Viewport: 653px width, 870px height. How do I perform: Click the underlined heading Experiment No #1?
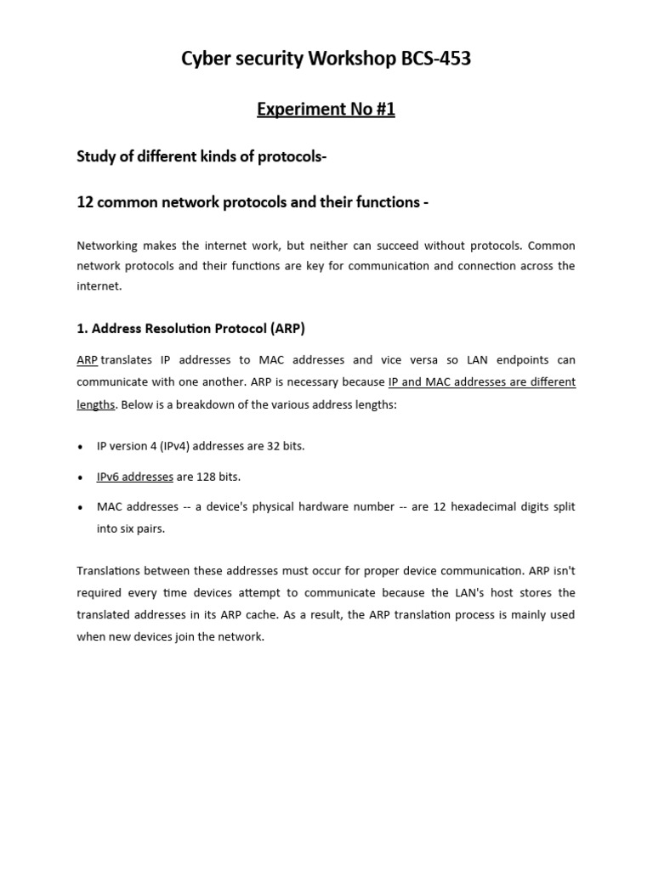(326, 110)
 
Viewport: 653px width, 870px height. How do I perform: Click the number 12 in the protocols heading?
(84, 202)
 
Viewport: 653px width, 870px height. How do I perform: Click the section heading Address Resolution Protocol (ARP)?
(190, 328)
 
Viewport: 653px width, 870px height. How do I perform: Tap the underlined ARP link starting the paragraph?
(88, 360)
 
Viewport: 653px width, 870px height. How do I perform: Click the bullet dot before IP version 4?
(80, 447)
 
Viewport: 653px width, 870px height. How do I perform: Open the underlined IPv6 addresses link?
(134, 477)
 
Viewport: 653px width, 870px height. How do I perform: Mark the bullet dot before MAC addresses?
(80, 507)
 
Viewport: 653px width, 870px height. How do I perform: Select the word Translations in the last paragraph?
(109, 570)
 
